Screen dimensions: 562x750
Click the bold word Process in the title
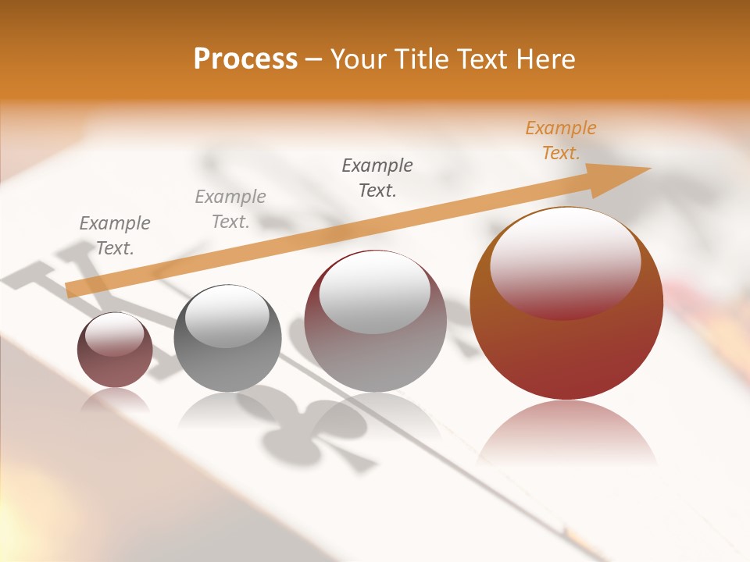pos(245,59)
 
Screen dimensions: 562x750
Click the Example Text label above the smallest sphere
pos(115,236)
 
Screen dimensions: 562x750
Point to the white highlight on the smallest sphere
pos(114,334)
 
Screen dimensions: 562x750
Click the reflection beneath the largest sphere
pos(566,433)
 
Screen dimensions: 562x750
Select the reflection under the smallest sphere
pos(115,401)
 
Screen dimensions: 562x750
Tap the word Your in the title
pos(355,59)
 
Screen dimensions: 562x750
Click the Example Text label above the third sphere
pos(377,178)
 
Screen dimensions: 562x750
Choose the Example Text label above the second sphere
pos(230,209)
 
